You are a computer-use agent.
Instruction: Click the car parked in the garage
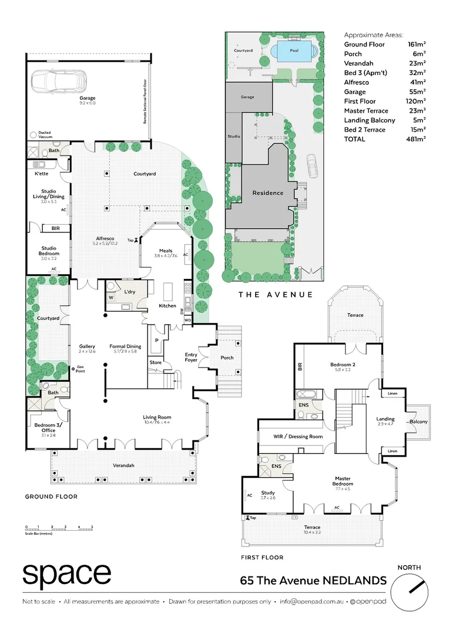click(x=59, y=79)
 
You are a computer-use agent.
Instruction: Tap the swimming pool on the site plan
click(x=294, y=50)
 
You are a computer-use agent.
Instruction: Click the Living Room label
click(x=157, y=417)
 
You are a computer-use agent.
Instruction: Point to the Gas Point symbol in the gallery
click(x=73, y=369)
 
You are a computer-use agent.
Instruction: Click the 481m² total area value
click(x=416, y=139)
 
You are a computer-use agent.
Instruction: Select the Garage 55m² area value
click(x=416, y=92)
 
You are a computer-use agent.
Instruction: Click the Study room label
click(x=268, y=493)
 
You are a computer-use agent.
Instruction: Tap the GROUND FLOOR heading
click(x=51, y=497)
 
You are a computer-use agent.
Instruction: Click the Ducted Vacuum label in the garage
click(x=45, y=134)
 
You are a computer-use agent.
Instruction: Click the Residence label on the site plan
click(x=267, y=193)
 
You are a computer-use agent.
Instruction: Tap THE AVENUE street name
click(x=275, y=294)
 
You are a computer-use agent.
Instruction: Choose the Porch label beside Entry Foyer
click(x=227, y=358)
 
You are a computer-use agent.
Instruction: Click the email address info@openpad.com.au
click(x=311, y=602)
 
